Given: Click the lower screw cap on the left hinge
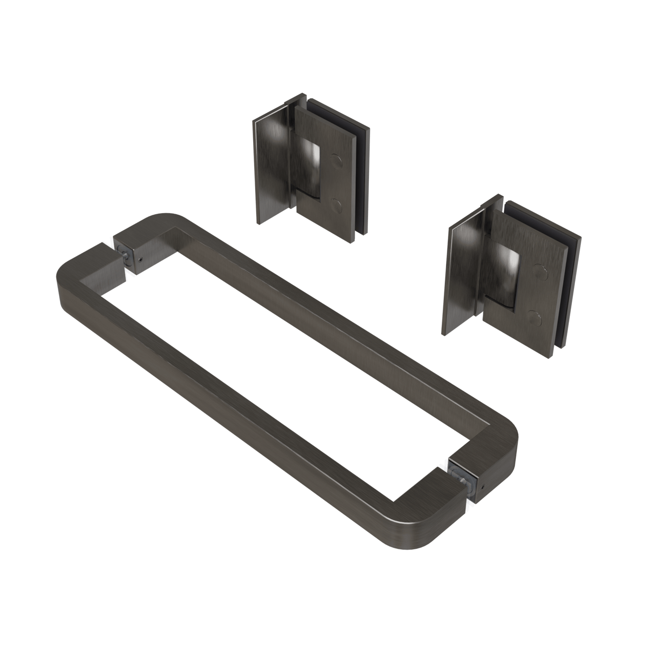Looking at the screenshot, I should [337, 206].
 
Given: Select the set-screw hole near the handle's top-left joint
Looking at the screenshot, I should [139, 259].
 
